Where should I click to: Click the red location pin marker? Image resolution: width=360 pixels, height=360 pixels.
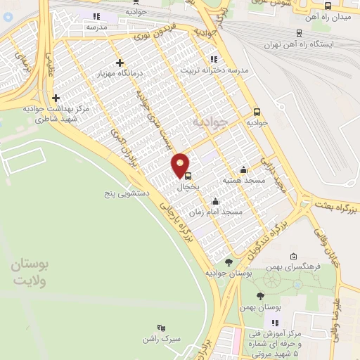[x=181, y=165]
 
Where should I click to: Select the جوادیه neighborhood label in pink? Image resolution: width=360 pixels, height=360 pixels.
[x=210, y=121]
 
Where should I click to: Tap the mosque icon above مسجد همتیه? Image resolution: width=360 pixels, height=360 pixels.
[x=243, y=169]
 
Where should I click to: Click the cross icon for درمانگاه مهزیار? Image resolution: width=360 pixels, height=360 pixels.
[x=120, y=63]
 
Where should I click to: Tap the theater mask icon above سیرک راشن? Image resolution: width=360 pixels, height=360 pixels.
[x=161, y=327]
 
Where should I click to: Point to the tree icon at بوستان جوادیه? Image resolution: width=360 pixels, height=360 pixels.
[x=229, y=262]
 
